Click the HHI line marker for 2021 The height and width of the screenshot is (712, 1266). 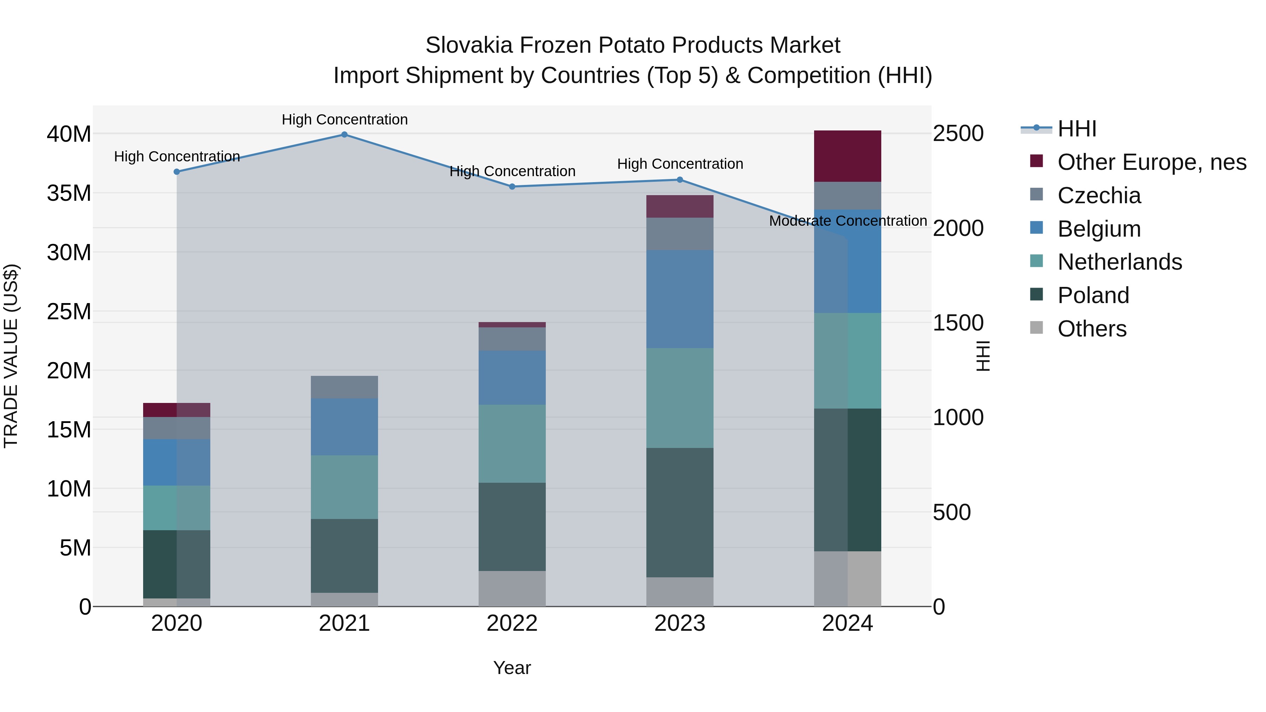click(x=345, y=135)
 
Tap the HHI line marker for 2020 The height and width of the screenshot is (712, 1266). click(x=177, y=172)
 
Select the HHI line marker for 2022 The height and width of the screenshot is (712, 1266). click(x=512, y=187)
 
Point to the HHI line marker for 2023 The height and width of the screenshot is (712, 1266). click(x=680, y=180)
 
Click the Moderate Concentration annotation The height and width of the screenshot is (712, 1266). click(x=848, y=221)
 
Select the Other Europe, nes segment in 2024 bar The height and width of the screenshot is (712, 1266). click(x=848, y=156)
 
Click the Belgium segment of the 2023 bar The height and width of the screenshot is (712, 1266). click(x=680, y=299)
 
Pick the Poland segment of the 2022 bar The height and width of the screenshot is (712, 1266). click(x=512, y=527)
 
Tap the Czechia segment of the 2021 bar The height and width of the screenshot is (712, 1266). click(x=345, y=387)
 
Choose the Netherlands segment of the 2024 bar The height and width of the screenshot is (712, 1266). click(x=848, y=361)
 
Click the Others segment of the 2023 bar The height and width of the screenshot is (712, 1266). click(x=680, y=592)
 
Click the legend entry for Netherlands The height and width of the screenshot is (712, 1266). click(x=1120, y=262)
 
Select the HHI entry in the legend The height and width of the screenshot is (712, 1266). click(x=1076, y=129)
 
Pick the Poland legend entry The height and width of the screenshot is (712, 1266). click(x=1093, y=295)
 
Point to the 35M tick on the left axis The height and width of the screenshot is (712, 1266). click(x=69, y=193)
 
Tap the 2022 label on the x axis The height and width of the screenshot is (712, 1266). click(x=512, y=623)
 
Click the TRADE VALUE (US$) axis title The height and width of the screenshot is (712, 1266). click(x=11, y=356)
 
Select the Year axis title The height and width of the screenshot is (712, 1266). click(x=512, y=668)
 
